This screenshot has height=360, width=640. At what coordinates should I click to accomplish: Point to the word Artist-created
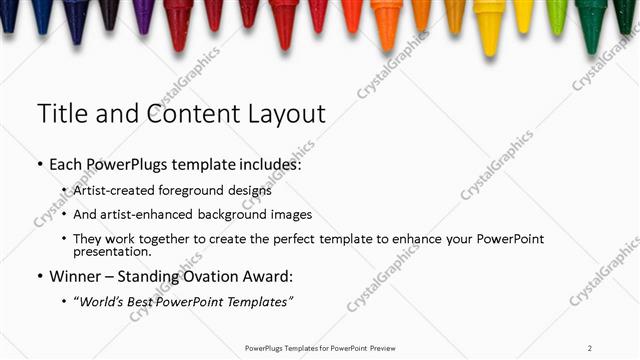121,189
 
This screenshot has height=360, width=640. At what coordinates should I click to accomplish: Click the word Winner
76,276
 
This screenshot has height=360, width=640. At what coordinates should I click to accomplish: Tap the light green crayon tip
557,16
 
